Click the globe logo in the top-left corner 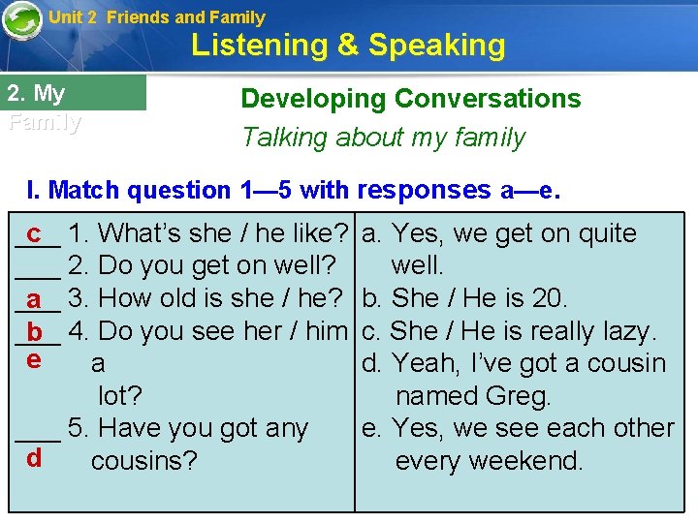pos(21,21)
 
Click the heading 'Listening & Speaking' pos(348,46)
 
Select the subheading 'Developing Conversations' pos(410,99)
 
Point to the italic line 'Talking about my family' pos(383,138)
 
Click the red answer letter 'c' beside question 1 pos(34,233)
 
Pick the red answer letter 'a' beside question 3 pos(34,299)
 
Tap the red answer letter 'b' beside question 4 pos(35,333)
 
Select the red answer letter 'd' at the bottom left pos(34,457)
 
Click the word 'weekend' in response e pos(535,461)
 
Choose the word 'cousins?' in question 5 pos(144,461)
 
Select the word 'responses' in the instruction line pos(425,189)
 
